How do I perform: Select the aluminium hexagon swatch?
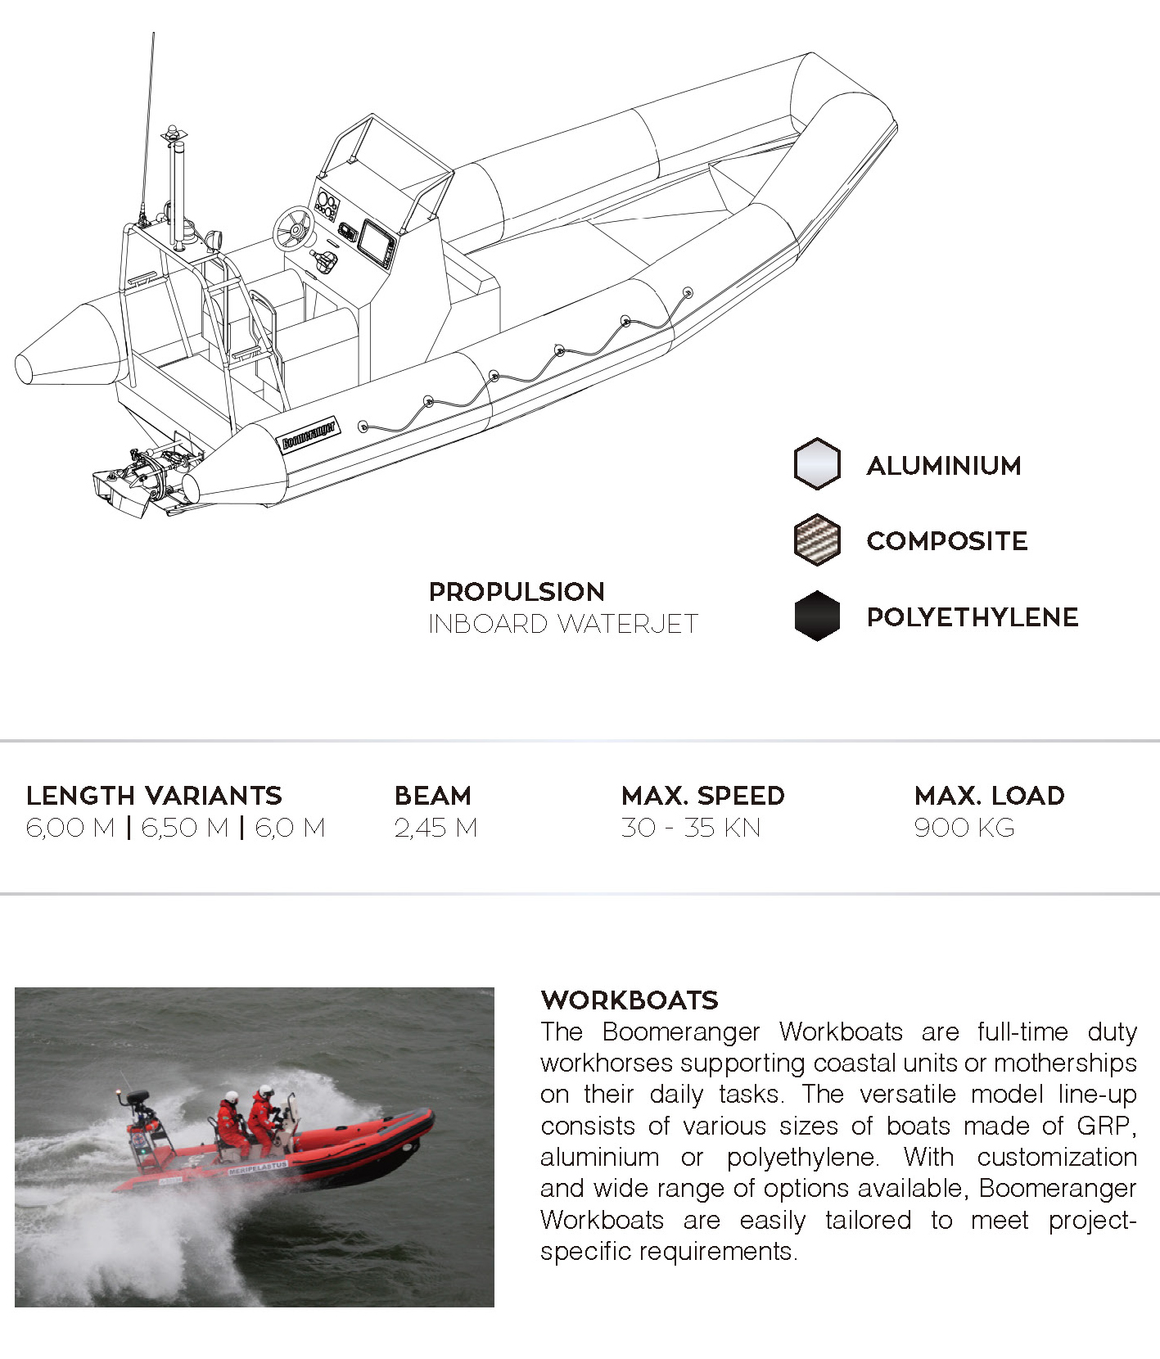[x=817, y=464]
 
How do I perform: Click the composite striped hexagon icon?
[x=817, y=540]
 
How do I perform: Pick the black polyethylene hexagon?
[x=817, y=616]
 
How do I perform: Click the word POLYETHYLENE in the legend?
[x=972, y=617]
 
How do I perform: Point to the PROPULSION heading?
[x=517, y=591]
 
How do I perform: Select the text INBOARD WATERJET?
[x=562, y=624]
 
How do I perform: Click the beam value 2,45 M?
[x=436, y=828]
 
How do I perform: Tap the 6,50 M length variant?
[x=185, y=828]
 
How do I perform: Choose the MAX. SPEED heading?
[x=702, y=795]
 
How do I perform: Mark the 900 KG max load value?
[x=964, y=828]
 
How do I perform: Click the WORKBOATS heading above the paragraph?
[x=629, y=1000]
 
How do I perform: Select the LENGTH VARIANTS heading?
[x=154, y=795]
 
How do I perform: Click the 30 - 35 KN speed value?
[x=690, y=828]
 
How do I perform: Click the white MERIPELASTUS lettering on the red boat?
[x=259, y=1167]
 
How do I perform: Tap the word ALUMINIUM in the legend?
[x=944, y=466]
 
